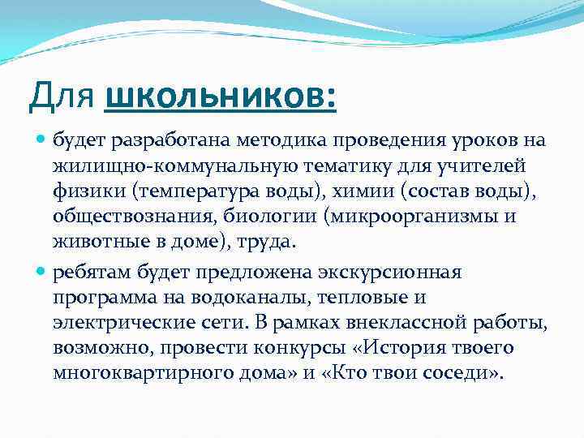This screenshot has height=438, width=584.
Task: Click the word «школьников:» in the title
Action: [x=220, y=98]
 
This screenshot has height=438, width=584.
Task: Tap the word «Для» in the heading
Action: [x=64, y=98]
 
